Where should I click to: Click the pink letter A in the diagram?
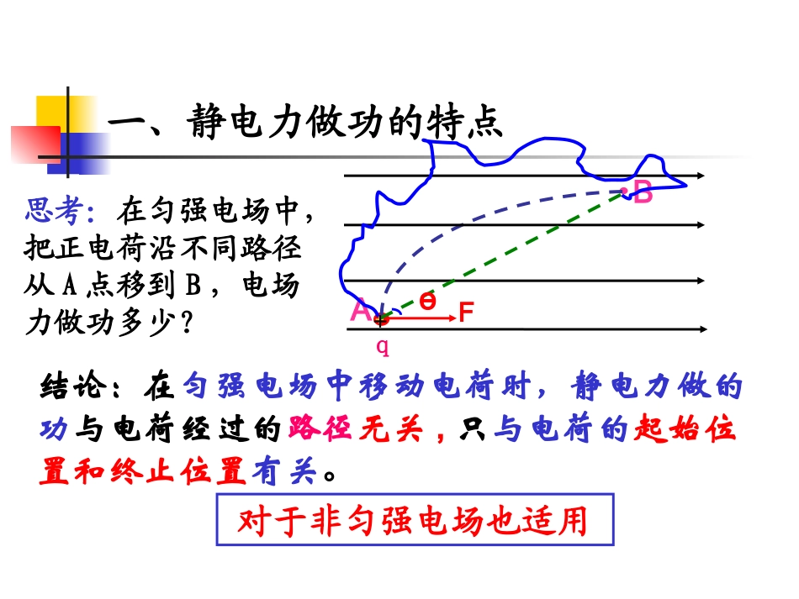[359, 311]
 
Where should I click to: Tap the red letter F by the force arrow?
[467, 314]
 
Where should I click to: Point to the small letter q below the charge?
[383, 344]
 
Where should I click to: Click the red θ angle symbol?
[427, 302]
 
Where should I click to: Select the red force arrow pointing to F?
[421, 318]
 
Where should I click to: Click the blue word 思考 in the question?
[58, 212]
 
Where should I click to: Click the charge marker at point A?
[382, 318]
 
